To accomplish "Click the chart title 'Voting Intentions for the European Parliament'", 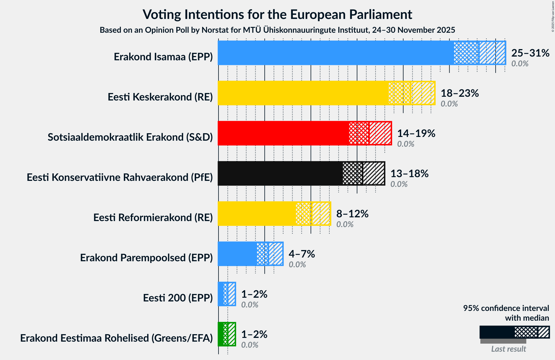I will [x=277, y=14].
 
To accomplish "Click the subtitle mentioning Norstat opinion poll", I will [x=277, y=30].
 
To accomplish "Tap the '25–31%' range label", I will [x=530, y=53].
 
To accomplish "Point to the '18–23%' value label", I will [x=459, y=93].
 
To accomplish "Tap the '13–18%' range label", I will [x=409, y=174].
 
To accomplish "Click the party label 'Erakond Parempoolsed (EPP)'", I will [x=146, y=258].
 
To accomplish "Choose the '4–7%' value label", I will [x=301, y=254].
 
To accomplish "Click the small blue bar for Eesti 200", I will [x=221, y=294].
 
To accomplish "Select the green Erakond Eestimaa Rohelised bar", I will [x=221, y=334].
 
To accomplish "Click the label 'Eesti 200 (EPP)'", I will [x=178, y=298].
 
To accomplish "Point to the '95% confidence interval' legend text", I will [x=506, y=308].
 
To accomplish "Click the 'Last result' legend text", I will [x=508, y=349].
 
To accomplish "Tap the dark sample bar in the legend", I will [x=497, y=332].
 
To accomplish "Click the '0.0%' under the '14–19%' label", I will [x=405, y=144].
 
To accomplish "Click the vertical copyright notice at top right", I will [x=553, y=16].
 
